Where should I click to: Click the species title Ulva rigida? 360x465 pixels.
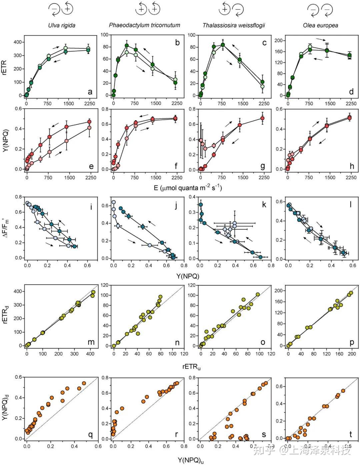(62, 25)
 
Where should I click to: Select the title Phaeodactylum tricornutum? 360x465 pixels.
(144, 25)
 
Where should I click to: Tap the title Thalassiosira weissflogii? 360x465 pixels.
(234, 25)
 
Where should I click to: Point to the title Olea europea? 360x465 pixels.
(320, 25)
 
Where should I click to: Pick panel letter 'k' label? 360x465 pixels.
(264, 205)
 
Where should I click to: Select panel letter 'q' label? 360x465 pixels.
(90, 434)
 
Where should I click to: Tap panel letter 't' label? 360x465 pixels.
(351, 434)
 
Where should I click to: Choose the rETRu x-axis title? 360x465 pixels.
(191, 367)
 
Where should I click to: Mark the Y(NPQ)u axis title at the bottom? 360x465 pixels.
(190, 460)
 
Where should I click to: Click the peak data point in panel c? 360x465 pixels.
(223, 45)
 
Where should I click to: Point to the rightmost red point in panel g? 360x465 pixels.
(262, 118)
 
